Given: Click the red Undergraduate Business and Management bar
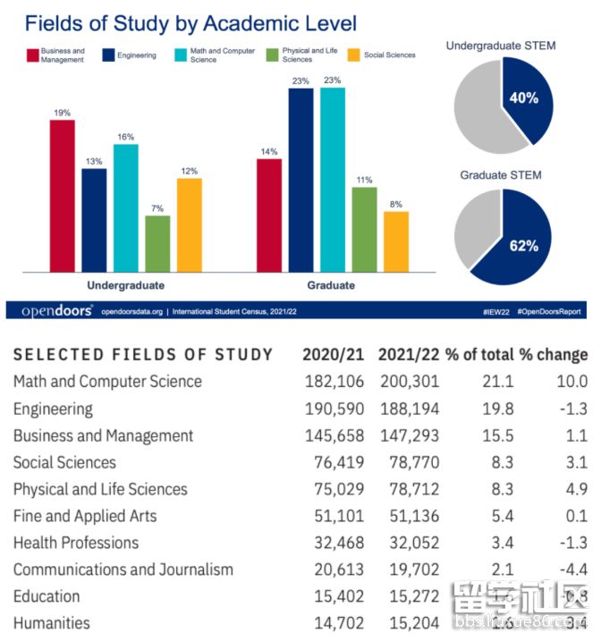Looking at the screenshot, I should pyautogui.click(x=62, y=196).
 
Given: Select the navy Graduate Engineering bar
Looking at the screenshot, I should pyautogui.click(x=300, y=180).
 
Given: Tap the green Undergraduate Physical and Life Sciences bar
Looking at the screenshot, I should pyautogui.click(x=157, y=243).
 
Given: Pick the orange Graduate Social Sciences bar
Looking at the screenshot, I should pyautogui.click(x=396, y=241).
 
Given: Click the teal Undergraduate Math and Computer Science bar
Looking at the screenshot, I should pyautogui.click(x=126, y=207).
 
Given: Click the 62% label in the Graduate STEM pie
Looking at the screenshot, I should pyautogui.click(x=524, y=246).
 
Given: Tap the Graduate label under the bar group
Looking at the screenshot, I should pyautogui.click(x=331, y=285).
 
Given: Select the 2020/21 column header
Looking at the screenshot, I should pyautogui.click(x=334, y=354).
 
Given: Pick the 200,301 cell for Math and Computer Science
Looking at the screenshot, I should pyautogui.click(x=409, y=381).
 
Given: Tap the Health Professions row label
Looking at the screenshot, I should pyautogui.click(x=76, y=543).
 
